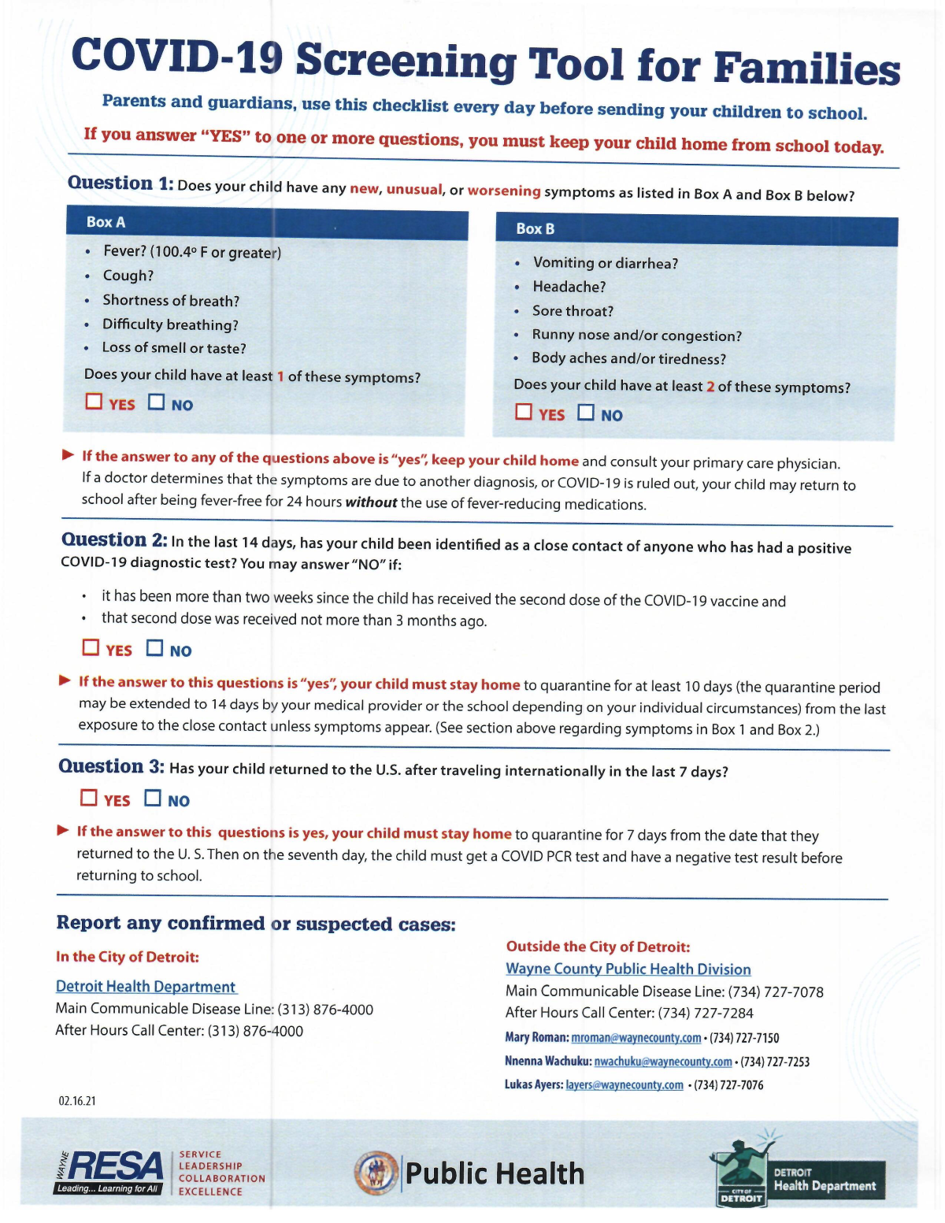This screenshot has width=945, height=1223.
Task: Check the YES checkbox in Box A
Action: click(x=94, y=402)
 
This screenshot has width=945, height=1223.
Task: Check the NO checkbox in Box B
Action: click(x=586, y=413)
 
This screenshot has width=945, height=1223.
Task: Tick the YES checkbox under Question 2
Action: click(x=91, y=647)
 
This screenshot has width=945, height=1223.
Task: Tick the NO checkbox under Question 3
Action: click(x=153, y=799)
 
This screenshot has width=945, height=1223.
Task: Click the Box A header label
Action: click(x=106, y=222)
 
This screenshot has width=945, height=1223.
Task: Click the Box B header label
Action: click(x=535, y=228)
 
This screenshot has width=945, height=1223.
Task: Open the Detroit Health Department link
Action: click(x=146, y=987)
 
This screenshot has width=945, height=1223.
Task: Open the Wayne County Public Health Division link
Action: click(x=628, y=969)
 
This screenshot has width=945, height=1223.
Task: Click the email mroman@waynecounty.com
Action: click(x=636, y=1038)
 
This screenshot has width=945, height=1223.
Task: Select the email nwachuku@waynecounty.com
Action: click(x=662, y=1062)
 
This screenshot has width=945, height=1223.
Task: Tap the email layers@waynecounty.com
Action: click(x=624, y=1085)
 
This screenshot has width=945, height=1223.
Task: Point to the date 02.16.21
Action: click(x=77, y=1101)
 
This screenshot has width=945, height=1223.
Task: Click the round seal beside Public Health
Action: click(x=376, y=1173)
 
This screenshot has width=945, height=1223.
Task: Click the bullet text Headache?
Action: click(x=569, y=287)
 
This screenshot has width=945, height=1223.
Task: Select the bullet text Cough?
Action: click(x=128, y=276)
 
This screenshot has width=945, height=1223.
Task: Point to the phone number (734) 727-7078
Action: click(x=776, y=991)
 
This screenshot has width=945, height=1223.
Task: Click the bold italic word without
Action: click(x=370, y=502)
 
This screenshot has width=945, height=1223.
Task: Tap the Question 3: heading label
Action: click(x=111, y=766)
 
